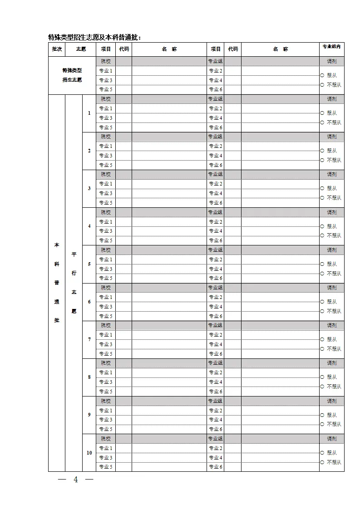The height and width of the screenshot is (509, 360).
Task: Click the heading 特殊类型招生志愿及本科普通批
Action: (x=94, y=37)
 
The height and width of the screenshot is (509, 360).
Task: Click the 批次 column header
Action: (x=57, y=49)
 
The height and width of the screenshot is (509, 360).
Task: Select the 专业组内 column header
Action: (x=331, y=46)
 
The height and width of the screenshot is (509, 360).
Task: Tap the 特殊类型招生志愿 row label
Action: (x=72, y=75)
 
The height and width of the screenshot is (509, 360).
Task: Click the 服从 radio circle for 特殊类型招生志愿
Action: (x=322, y=75)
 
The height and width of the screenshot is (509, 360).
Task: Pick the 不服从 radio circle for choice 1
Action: (x=322, y=122)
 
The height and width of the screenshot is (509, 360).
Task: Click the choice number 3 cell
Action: (x=89, y=188)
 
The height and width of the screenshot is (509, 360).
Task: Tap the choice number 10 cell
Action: (x=89, y=453)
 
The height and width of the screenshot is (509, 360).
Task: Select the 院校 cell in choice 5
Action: (x=106, y=250)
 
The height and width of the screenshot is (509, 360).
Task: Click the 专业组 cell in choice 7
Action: (x=215, y=325)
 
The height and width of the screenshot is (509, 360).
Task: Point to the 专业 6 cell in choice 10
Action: (x=215, y=467)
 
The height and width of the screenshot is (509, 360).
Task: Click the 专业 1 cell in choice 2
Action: (x=106, y=146)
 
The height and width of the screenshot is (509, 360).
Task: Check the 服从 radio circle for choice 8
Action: (x=322, y=377)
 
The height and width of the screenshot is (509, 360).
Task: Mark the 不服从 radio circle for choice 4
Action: (x=322, y=236)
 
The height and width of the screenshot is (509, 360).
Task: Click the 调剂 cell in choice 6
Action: (x=331, y=288)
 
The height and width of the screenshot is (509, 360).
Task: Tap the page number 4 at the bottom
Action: (x=76, y=480)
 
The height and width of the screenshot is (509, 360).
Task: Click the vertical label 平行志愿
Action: (x=74, y=283)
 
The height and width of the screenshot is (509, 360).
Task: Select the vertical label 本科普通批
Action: (x=57, y=283)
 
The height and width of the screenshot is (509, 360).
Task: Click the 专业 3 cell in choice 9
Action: (x=106, y=420)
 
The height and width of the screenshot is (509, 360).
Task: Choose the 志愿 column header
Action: (x=81, y=49)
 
